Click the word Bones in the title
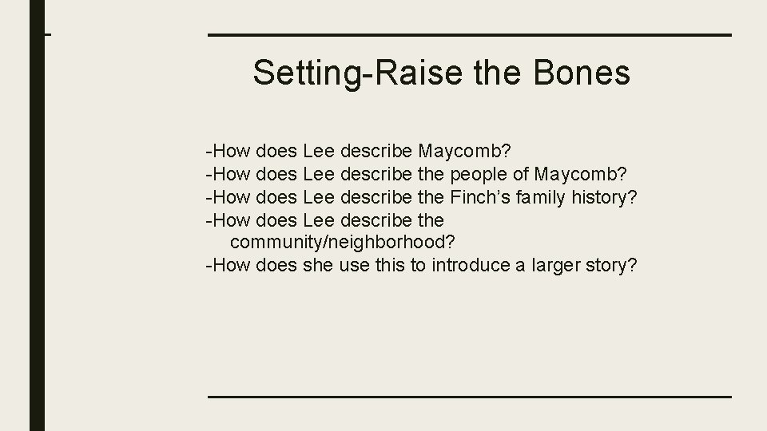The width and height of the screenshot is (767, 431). [582, 73]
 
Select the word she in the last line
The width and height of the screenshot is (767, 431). [318, 265]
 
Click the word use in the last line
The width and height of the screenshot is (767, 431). [354, 265]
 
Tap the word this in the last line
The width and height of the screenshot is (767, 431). [390, 265]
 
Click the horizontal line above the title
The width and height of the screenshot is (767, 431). [470, 35]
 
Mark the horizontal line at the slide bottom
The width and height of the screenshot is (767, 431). [470, 397]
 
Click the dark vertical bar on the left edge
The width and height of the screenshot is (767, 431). [38, 215]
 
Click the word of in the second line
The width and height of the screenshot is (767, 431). [521, 173]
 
